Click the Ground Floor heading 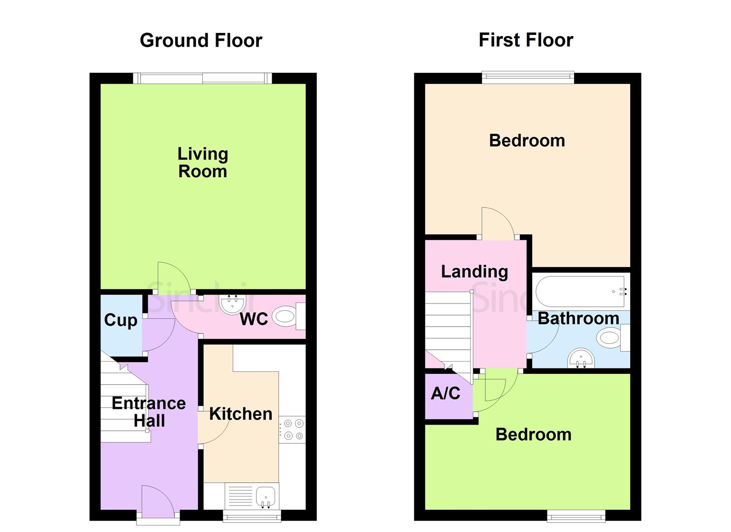tap(201, 40)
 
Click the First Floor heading tap(526, 40)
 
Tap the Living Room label tap(202, 163)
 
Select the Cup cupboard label tap(121, 320)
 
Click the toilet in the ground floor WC tap(285, 316)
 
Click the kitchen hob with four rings tap(292, 429)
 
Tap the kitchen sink tap(266, 495)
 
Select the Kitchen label tap(241, 414)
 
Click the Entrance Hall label tap(149, 412)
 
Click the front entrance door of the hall tap(158, 501)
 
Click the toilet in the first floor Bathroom tap(610, 337)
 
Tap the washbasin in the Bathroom tap(581, 358)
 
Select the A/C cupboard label tap(445, 393)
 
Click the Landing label tap(474, 271)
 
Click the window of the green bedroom tap(576, 516)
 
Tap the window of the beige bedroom tap(528, 76)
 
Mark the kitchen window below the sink tap(252, 516)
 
